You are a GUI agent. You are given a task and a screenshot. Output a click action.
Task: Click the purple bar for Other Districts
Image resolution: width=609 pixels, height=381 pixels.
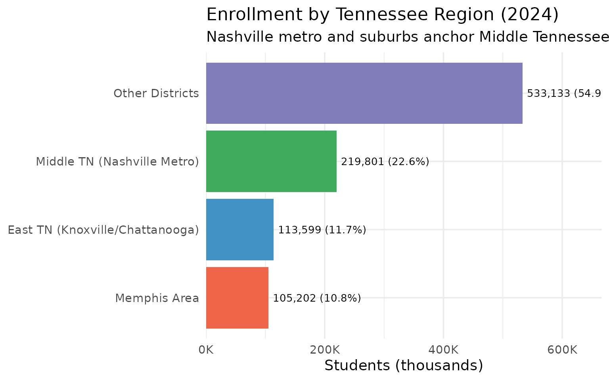(x=364, y=93)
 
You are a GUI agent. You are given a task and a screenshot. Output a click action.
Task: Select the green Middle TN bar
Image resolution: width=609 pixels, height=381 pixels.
(x=271, y=161)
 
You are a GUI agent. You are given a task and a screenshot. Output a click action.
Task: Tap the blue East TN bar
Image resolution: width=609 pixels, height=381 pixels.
(x=239, y=229)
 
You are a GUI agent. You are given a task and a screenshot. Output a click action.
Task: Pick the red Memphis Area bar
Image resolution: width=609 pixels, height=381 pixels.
(x=237, y=298)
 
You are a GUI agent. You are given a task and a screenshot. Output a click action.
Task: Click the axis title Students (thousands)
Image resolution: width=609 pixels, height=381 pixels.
(x=404, y=366)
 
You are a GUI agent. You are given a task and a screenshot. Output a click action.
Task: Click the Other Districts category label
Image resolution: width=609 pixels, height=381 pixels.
(x=156, y=94)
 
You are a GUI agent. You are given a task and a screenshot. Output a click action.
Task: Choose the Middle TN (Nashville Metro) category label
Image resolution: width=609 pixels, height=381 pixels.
(x=117, y=162)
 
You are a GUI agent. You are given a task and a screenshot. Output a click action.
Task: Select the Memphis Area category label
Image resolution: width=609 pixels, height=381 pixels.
(x=157, y=298)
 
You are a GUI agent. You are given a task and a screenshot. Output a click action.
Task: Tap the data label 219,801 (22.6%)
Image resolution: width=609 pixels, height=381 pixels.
(x=385, y=162)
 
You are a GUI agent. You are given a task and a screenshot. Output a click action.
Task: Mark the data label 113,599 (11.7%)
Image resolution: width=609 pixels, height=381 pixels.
(x=322, y=230)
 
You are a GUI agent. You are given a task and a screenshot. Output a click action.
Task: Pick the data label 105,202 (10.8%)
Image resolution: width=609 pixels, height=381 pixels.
(x=317, y=298)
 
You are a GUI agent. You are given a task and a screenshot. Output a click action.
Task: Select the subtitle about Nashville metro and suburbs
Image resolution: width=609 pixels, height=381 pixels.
(x=408, y=37)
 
